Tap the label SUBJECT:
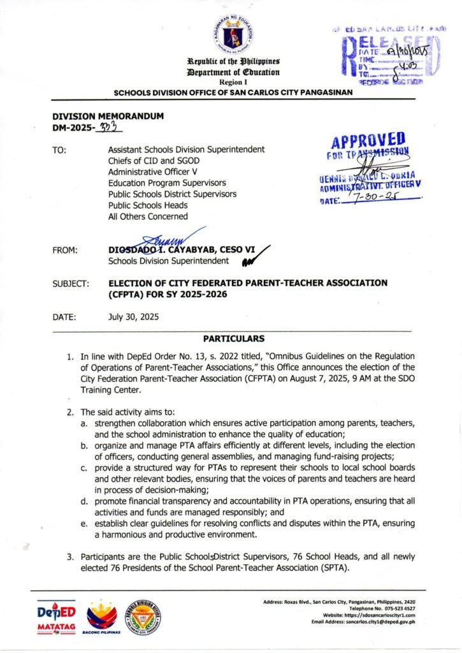tap(71, 282)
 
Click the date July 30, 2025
tap(133, 316)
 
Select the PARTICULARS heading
tap(233, 338)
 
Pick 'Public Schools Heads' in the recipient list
tap(148, 205)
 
